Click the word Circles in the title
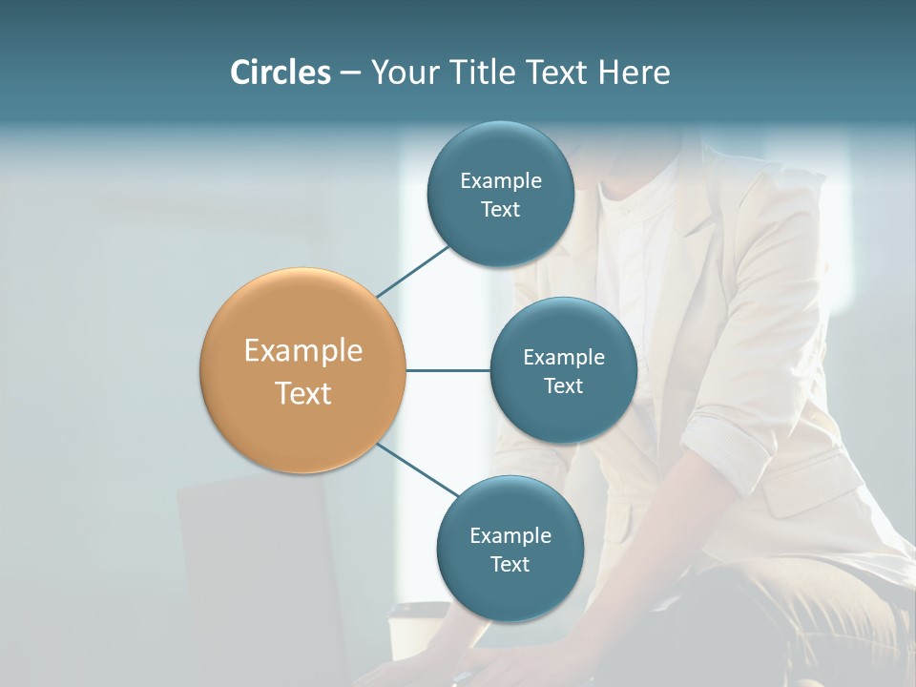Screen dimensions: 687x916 coord(280,73)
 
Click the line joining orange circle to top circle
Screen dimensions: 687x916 coord(413,271)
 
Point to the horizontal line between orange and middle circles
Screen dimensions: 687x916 coord(448,370)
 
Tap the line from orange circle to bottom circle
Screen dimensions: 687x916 coord(418,470)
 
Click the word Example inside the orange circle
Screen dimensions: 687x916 coord(302,351)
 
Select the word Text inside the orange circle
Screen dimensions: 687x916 coord(302,393)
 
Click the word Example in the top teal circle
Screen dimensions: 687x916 coord(500,180)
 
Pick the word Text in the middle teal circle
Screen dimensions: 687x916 coord(563,385)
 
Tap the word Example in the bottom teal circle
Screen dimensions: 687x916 coord(510,535)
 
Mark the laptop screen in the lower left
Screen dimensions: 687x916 coord(258,572)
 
